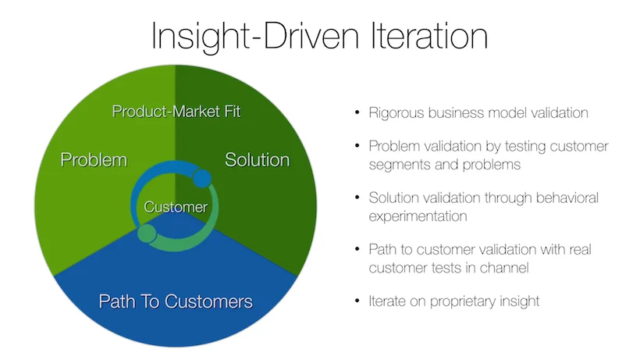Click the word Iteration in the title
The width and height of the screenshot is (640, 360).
coord(429,36)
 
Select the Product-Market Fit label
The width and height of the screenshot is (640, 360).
coord(176,112)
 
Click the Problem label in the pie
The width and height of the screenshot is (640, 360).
coord(94,159)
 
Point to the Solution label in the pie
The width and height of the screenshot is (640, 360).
coord(257,159)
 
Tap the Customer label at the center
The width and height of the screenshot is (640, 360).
coord(176,207)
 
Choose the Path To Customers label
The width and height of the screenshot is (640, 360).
coord(176,301)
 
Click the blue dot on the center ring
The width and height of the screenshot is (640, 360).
coord(201,178)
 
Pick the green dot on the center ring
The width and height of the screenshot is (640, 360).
coord(147,233)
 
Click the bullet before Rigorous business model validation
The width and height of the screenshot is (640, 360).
coord(357,112)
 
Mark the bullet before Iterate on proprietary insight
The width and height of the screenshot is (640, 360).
coord(357,301)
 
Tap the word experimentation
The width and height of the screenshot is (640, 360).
coord(418,216)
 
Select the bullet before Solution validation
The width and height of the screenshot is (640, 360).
coord(357,198)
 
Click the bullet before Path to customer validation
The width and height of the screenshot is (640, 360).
coord(357,249)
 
